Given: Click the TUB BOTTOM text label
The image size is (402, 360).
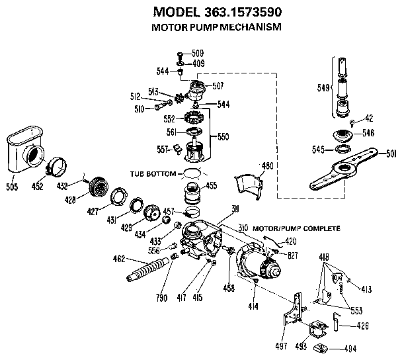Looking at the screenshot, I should tap(153, 173).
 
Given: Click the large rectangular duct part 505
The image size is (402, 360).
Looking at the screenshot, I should tap(26, 151).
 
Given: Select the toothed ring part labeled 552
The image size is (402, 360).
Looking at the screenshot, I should tap(192, 120).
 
